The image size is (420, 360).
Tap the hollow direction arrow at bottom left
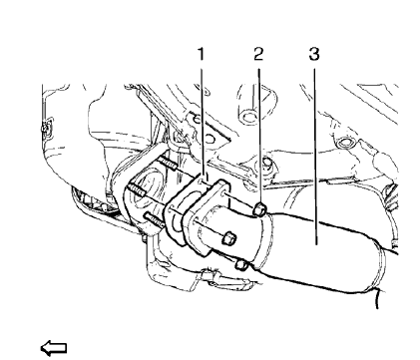pos(51,346)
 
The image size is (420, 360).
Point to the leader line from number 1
pos(203,120)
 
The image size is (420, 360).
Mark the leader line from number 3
pos(314,150)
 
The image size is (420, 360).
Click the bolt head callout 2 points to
pos(258,210)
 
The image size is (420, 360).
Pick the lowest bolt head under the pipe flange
pos(242,264)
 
